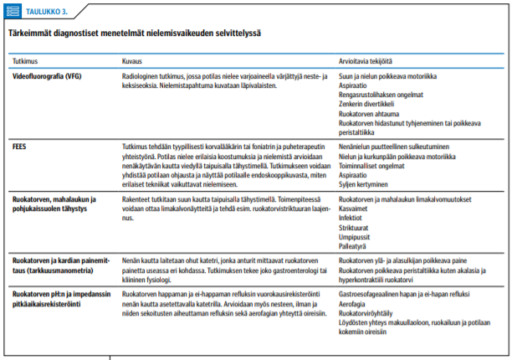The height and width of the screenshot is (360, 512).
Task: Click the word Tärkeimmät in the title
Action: click(x=31, y=33)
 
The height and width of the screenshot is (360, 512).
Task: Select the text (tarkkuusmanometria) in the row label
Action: click(x=55, y=268)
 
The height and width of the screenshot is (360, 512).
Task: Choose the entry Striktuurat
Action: click(x=355, y=226)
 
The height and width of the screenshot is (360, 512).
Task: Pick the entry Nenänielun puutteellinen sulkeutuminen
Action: click(x=397, y=145)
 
